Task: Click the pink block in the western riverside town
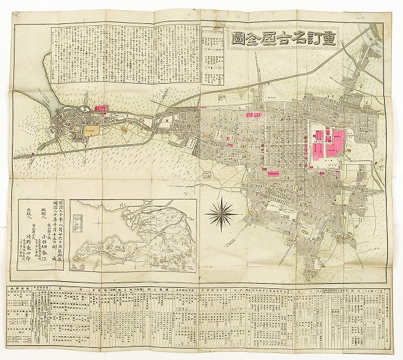[x=99, y=108]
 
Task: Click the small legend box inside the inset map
[x=77, y=222]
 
